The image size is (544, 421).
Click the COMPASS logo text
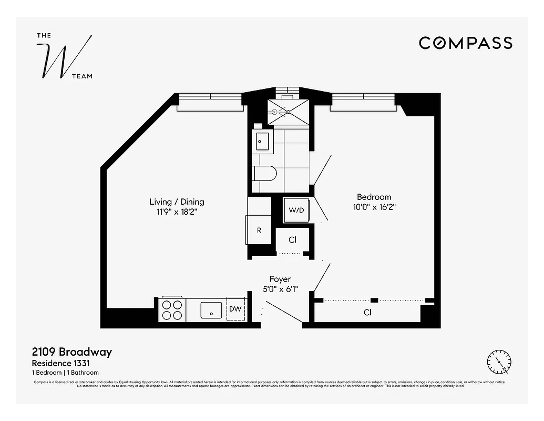(x=465, y=43)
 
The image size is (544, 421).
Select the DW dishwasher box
(x=235, y=309)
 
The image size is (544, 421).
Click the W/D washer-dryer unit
(x=296, y=210)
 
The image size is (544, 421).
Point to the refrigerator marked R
(x=259, y=230)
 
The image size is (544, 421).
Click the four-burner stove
(x=172, y=309)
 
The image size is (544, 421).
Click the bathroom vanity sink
(x=262, y=141)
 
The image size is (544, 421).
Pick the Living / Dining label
(x=177, y=202)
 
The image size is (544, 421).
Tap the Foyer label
(x=280, y=279)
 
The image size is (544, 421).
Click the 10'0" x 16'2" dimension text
(x=374, y=207)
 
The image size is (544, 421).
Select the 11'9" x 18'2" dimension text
(x=177, y=212)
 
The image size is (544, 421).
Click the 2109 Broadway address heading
(x=72, y=352)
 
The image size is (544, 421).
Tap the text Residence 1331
(x=65, y=363)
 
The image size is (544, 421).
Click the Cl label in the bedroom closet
(x=367, y=312)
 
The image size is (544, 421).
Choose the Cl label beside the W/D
(x=293, y=239)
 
